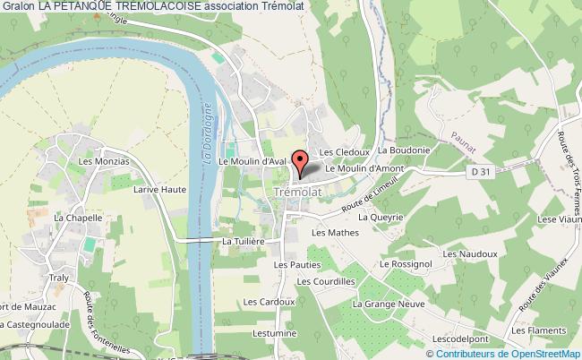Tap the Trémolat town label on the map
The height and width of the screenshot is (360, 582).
point(294,193)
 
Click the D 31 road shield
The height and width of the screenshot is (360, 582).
point(480,171)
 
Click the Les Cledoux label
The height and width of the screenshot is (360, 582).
point(338,151)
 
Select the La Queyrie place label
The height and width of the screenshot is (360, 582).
point(381,217)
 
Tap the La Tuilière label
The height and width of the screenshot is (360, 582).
point(244,241)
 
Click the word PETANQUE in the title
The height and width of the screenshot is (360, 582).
point(98,7)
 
